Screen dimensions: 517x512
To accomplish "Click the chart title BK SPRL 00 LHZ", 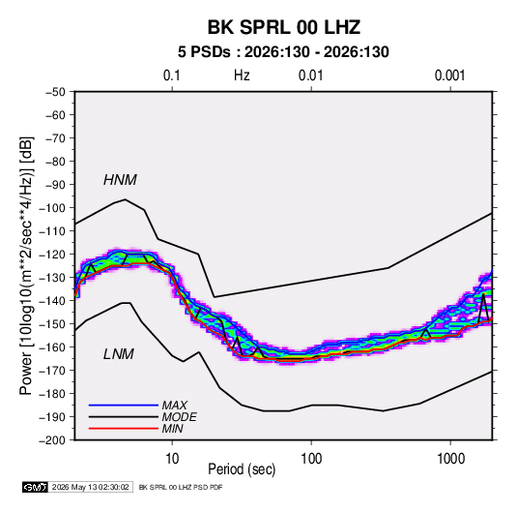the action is pos(284,27).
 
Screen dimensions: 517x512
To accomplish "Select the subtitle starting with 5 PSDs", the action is pos(283,52).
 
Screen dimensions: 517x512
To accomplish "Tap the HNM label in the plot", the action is pos(120,180).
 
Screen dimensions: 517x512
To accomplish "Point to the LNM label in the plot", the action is pos(119,354).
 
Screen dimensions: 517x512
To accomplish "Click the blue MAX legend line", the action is pos(124,406).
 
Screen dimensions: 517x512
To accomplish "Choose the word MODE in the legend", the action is pos(180,417).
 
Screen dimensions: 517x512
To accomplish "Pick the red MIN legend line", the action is pos(124,429).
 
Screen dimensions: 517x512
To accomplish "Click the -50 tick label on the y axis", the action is pos(55,92).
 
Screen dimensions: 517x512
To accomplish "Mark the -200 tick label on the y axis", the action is pos(52,440).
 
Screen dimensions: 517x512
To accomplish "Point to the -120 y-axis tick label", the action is pos(52,255).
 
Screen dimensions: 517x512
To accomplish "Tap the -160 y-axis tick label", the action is pos(52,347).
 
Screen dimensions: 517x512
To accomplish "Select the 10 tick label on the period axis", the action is pos(172,459).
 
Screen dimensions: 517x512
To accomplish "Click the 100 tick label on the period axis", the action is pos(311,459).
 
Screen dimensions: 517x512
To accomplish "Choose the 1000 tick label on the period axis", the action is pos(450,459).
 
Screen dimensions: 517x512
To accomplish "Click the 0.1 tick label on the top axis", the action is pos(172,75).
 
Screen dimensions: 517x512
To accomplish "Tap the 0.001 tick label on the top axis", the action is pos(450,75).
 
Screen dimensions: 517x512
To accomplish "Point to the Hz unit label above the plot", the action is pos(242,75).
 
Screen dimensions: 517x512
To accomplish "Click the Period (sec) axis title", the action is pos(242,469).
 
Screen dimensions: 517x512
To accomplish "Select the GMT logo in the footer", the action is pos(36,487).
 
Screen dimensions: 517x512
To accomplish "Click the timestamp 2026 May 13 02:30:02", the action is pos(90,487).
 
